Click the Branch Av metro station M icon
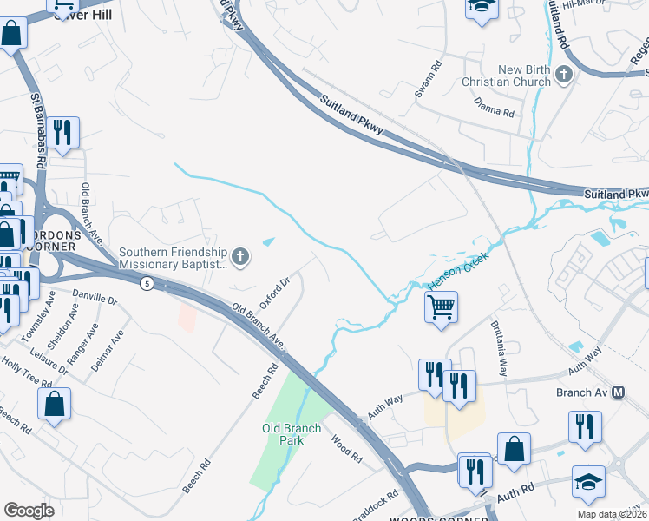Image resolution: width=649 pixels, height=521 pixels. coord(619,392)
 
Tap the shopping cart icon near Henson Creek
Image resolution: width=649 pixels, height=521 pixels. coord(441,306)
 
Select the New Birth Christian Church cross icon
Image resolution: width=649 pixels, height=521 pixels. coord(564,73)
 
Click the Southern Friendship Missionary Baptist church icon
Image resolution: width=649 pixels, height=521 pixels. coord(240,256)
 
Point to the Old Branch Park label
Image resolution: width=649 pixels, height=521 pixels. coord(292,434)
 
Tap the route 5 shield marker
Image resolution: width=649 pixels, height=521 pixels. coord(147,283)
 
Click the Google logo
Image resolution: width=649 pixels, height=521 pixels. coord(29,511)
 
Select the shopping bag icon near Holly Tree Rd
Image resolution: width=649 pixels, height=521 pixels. coord(54,403)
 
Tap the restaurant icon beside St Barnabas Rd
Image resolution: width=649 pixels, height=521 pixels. coord(61,133)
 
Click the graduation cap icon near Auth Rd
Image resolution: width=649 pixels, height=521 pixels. coord(588,482)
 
